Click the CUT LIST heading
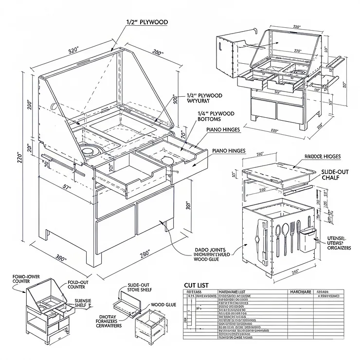coord(197,286)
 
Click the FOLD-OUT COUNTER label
coord(83,284)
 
